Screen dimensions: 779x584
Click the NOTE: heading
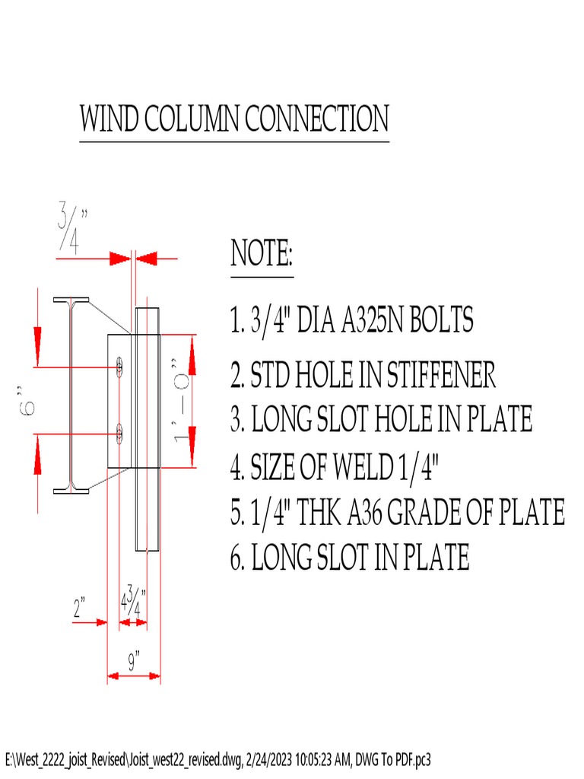(x=262, y=253)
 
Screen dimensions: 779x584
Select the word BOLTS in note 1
(x=441, y=320)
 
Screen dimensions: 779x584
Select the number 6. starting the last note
(x=237, y=558)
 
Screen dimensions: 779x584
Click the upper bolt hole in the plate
(x=120, y=367)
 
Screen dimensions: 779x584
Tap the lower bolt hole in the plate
(x=120, y=434)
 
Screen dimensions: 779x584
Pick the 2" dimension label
(x=80, y=609)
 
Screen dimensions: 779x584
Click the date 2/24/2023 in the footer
(x=275, y=759)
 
